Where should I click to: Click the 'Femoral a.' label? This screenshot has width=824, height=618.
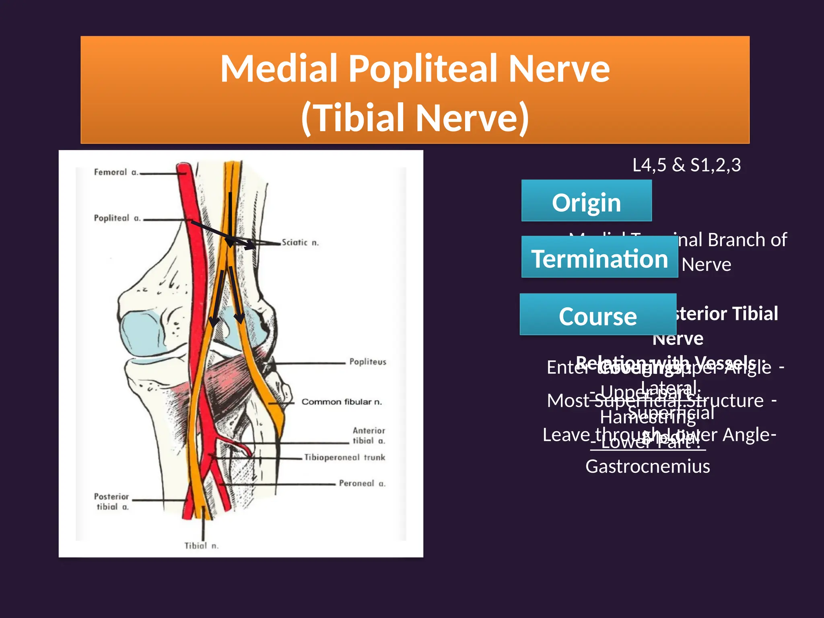click(x=116, y=172)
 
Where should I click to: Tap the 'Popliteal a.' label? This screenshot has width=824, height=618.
click(x=117, y=218)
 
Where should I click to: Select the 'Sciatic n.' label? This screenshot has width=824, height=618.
click(x=300, y=243)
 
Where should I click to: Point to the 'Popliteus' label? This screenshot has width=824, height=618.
click(x=368, y=362)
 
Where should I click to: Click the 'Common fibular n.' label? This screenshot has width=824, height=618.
click(x=342, y=402)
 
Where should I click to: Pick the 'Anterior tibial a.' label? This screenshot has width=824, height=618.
click(x=369, y=436)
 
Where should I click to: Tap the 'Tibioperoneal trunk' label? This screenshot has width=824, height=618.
click(x=344, y=457)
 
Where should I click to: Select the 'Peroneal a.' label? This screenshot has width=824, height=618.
click(x=362, y=483)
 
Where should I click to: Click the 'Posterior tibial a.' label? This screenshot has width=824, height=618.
click(x=111, y=501)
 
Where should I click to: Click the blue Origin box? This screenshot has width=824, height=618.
click(x=586, y=201)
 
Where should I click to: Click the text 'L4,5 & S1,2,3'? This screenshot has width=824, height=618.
click(x=686, y=165)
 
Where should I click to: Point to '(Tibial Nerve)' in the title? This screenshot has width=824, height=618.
click(x=415, y=117)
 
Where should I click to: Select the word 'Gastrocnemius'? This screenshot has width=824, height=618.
click(x=647, y=467)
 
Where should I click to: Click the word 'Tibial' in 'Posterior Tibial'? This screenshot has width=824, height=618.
click(x=754, y=314)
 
